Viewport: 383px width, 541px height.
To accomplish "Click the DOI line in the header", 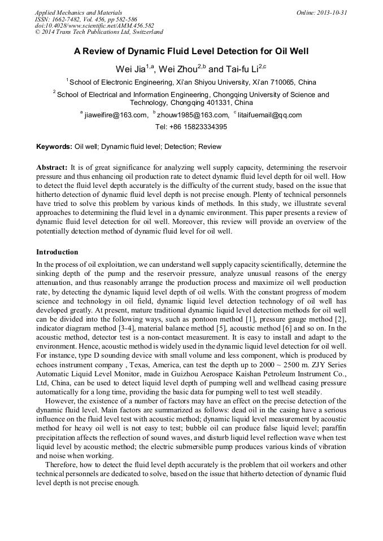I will coord(94,25).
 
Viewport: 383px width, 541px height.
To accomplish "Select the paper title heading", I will coord(191,51).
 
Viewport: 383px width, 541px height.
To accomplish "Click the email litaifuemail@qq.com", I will coord(269,115).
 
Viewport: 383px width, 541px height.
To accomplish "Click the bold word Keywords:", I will coord(54,147).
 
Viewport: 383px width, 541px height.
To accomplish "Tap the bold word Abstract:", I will coord(52,168).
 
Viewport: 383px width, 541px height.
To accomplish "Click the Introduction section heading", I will coord(57,252).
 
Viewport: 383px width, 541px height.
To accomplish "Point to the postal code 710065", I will coord(284,82).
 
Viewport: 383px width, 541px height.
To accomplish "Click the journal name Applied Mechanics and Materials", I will coord(79,12).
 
